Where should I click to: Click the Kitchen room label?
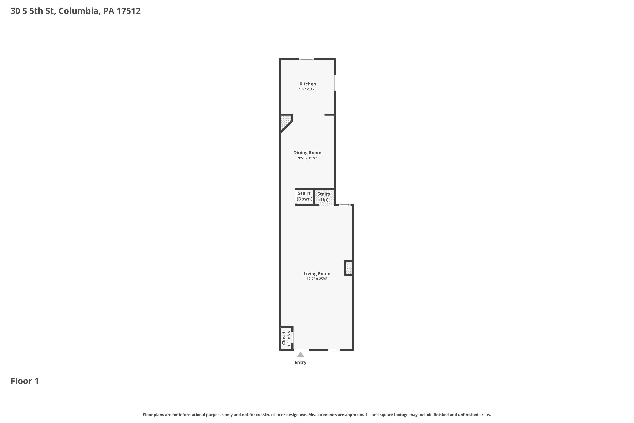tap(307, 84)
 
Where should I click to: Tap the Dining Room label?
tap(307, 153)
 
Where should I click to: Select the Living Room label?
tap(317, 273)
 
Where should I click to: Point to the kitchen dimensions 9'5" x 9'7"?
tap(307, 89)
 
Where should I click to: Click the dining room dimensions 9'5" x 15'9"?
tap(307, 158)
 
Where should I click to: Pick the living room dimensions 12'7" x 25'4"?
tap(317, 279)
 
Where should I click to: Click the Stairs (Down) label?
tap(304, 196)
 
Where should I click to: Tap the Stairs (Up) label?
tap(324, 197)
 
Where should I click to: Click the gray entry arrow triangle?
tap(301, 354)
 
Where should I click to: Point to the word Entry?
tap(301, 362)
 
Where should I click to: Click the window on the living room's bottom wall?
tap(334, 350)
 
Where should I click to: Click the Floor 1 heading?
tap(25, 381)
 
